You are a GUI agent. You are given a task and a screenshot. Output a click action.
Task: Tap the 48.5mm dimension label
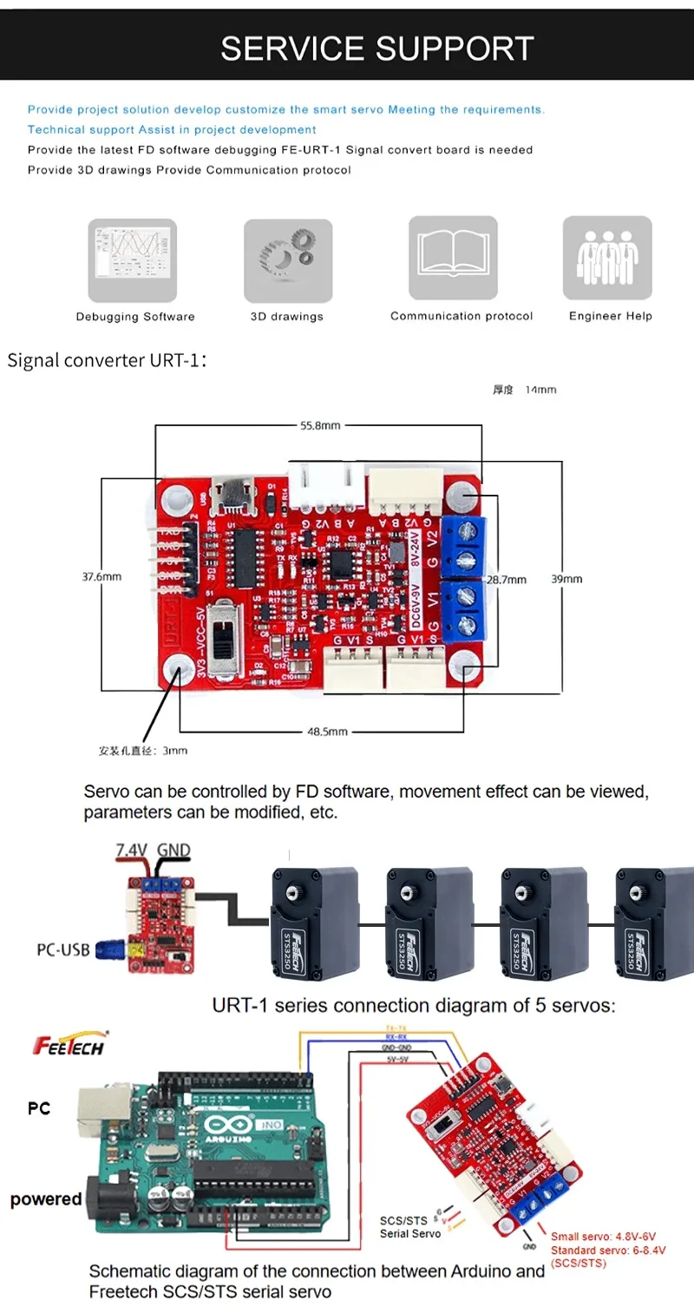(327, 732)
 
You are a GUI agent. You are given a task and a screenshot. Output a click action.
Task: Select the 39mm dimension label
(567, 579)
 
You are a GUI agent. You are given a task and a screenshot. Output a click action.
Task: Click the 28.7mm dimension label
(504, 579)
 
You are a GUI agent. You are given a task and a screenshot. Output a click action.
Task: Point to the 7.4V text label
(133, 850)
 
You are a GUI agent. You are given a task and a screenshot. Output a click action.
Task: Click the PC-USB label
(63, 949)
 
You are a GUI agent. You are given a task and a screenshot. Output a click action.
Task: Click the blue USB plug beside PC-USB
(111, 949)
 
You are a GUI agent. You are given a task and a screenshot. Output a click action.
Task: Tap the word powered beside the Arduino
(46, 1199)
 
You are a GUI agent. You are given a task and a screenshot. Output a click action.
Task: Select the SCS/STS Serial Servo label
(403, 1227)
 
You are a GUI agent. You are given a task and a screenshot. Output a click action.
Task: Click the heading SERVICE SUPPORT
(376, 49)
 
